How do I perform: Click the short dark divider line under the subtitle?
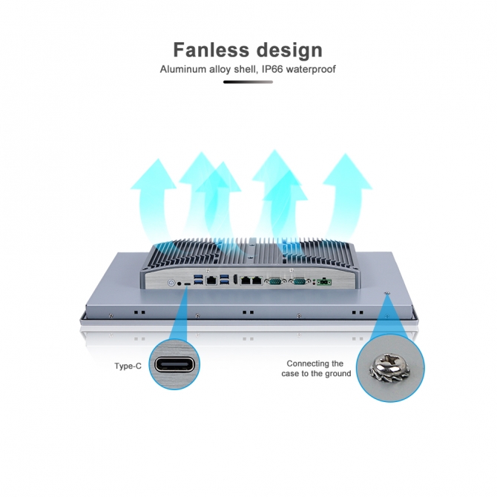tap(248, 82)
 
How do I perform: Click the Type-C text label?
tap(128, 366)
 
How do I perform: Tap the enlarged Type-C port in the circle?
tap(175, 365)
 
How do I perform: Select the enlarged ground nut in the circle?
tap(390, 364)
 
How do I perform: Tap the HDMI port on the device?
tap(234, 280)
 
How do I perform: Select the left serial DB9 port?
tap(275, 281)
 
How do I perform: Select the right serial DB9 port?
tap(300, 281)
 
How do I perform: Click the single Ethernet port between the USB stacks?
tap(212, 281)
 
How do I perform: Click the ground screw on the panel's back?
tap(387, 296)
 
